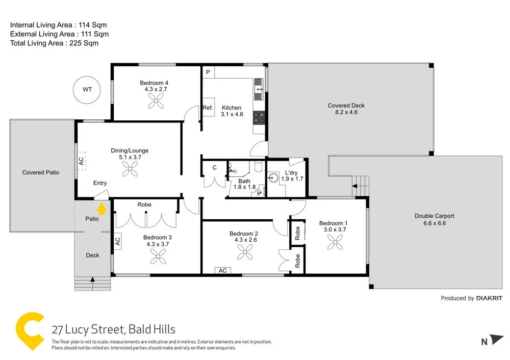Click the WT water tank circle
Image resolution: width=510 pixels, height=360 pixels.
point(88,89)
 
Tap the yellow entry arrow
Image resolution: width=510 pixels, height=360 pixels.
point(101,209)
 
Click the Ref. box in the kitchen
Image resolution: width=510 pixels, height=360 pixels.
point(208,108)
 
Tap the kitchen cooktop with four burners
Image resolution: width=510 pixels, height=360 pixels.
point(260,118)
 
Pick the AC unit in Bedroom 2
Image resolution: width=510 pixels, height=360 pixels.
point(223,270)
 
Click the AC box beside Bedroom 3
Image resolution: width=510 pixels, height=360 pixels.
point(117,241)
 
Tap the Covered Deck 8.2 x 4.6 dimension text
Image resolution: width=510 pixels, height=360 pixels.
point(346,112)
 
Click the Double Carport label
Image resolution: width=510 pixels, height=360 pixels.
point(434,216)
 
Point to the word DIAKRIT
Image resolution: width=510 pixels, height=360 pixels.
point(489,298)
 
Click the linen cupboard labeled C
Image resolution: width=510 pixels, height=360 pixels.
point(214,167)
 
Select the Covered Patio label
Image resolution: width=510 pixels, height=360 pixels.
point(41,172)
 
